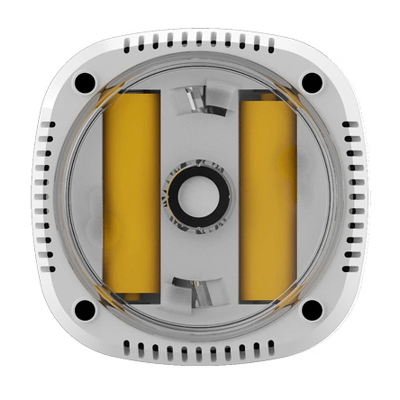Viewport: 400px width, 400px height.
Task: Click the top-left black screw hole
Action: pos(85,82)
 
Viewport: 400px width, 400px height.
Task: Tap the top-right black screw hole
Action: pos(312,82)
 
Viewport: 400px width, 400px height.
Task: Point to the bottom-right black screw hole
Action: pos(312,310)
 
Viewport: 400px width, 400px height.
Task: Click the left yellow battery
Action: pos(131,194)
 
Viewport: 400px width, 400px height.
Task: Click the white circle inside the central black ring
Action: pos(198,197)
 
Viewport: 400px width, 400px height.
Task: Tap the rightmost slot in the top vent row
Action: pos(271,45)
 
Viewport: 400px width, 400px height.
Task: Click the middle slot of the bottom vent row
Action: pos(199,351)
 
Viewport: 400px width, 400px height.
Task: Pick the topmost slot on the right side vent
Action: pos(350,124)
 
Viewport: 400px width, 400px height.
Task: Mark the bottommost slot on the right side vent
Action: pos(350,269)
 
